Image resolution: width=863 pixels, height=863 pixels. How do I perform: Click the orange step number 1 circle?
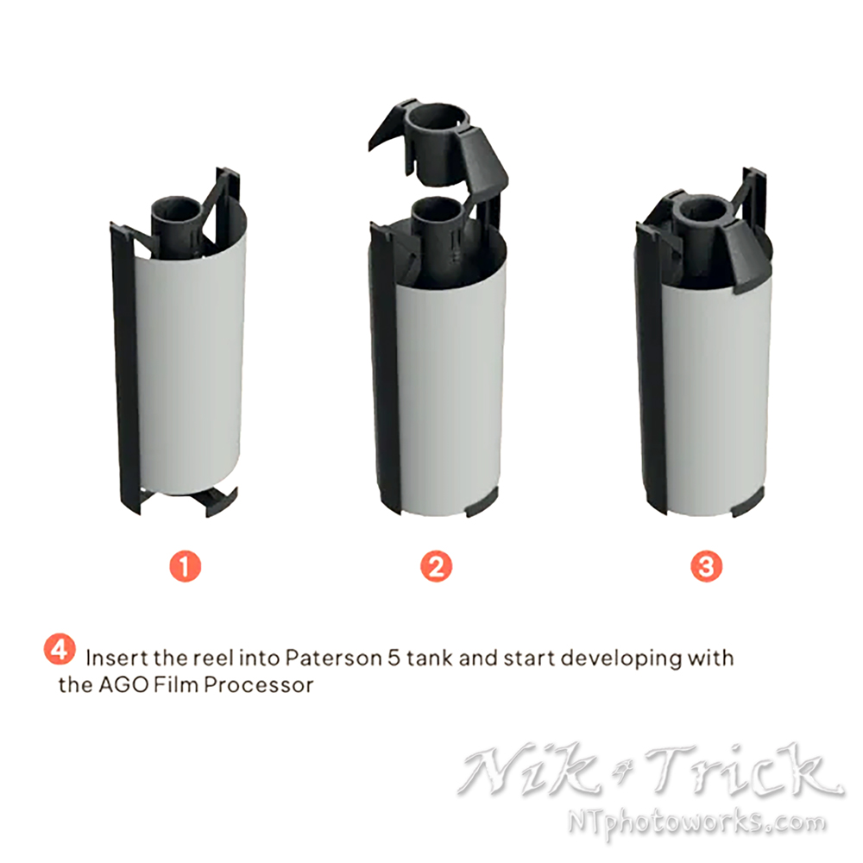185,566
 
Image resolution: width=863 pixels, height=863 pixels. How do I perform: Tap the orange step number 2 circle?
436,566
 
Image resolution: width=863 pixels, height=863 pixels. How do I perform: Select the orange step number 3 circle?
706,566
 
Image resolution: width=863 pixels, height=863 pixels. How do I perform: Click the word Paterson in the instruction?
333,658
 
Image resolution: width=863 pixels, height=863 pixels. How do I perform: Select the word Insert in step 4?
117,658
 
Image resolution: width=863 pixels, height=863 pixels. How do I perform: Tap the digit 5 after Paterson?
394,658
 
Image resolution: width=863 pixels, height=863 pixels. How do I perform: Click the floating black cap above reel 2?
438,144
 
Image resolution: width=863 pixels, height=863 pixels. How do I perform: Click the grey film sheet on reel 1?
191,358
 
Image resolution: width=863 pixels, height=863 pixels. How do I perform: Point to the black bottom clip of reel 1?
220,500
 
